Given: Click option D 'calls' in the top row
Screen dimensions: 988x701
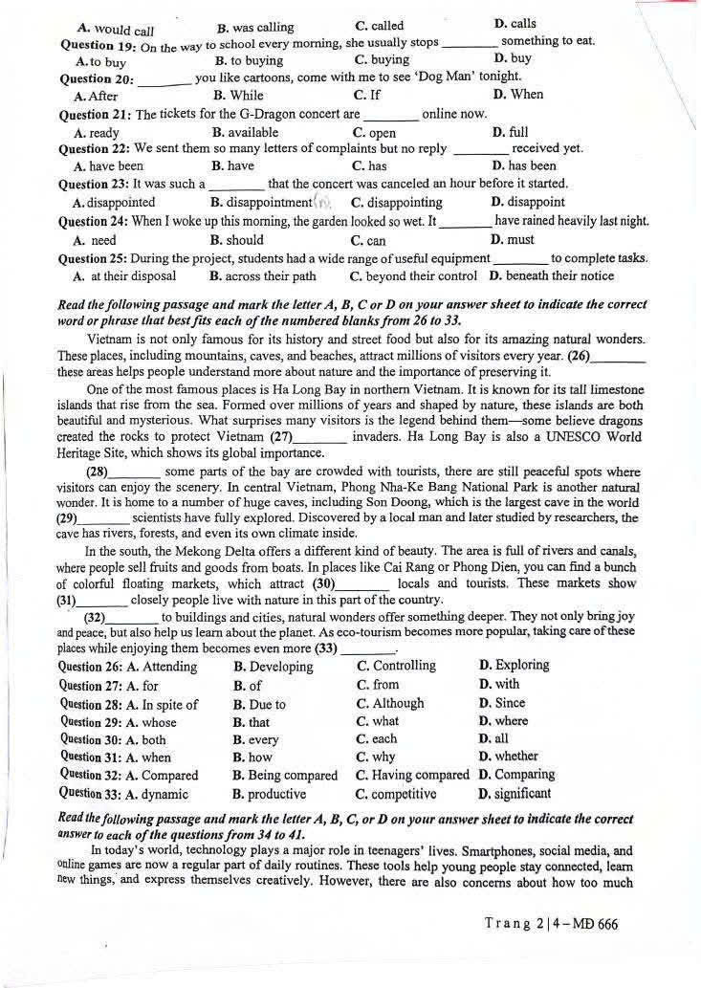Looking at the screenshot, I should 515,24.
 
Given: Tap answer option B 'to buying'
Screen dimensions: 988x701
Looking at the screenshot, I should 250,60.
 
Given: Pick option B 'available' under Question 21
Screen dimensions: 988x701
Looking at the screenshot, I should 246,132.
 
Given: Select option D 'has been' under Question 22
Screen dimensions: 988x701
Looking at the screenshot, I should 524,165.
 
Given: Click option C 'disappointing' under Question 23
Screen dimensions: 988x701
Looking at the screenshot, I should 397,202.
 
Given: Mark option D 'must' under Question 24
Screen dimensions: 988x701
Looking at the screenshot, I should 513,239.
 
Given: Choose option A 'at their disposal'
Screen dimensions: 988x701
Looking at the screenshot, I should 125,275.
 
